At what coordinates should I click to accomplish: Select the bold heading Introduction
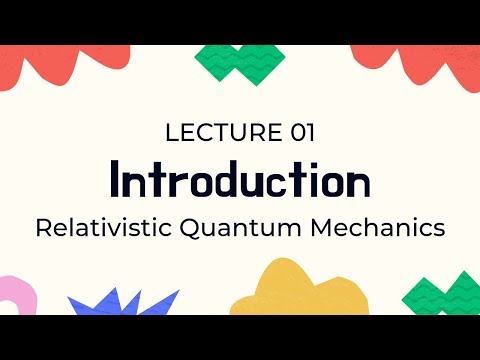tap(240, 180)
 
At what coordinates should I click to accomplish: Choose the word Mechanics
tap(378, 227)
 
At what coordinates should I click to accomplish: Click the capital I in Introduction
tap(117, 180)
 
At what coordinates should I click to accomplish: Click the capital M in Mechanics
tap(320, 227)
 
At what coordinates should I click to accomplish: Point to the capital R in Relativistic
tap(43, 227)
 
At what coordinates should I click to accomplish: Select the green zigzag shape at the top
tap(238, 62)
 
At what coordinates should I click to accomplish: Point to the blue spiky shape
tap(120, 302)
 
